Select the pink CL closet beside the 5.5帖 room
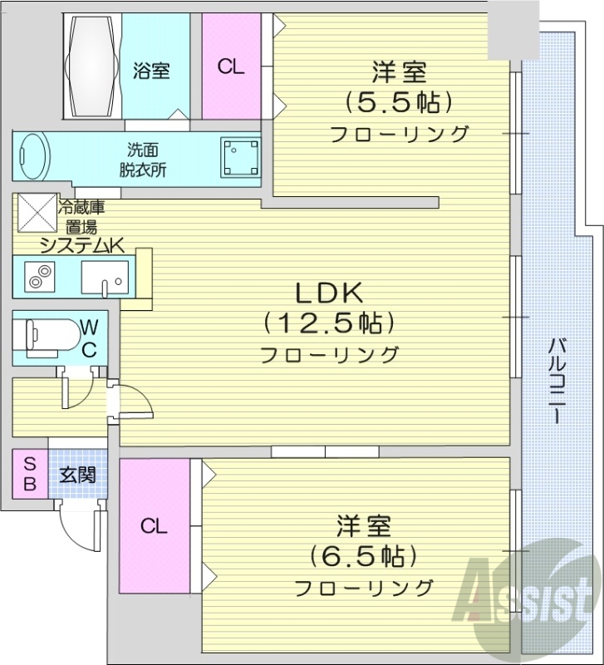coord(232,67)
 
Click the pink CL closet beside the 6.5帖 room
coord(154,525)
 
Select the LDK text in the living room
coord(329,293)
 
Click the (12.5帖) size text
coord(329,323)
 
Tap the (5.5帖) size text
coord(399,102)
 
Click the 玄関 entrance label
coord(77,475)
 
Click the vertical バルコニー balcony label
coord(557,379)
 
